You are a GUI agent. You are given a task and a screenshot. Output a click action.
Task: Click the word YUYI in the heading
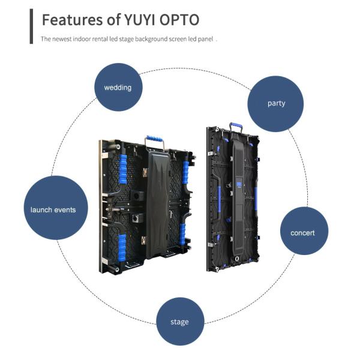point(140,20)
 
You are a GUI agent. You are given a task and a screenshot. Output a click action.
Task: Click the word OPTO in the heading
point(179,20)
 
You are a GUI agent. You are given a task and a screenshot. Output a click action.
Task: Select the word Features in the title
point(73,20)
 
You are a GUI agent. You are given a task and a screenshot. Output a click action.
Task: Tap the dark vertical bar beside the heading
point(31,26)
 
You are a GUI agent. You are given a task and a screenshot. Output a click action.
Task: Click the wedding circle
point(118,87)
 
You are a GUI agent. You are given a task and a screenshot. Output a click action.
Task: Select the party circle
point(275,104)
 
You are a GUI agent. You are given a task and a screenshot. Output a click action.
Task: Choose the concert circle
point(304,231)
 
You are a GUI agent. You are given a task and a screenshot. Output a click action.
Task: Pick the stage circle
point(180,322)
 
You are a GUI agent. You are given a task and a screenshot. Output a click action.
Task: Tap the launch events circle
point(56,208)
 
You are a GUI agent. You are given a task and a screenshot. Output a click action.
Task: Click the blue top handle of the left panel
point(154,139)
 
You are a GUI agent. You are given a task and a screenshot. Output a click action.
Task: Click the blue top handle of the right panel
point(236,125)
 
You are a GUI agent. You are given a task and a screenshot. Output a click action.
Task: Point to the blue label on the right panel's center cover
point(239,185)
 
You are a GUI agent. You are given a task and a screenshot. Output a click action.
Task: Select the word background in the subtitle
point(151,39)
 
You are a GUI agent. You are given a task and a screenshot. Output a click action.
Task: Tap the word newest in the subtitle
point(62,39)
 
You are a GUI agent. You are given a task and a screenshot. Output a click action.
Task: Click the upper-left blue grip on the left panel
point(123,169)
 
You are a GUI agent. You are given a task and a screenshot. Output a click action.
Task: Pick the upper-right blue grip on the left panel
point(185,172)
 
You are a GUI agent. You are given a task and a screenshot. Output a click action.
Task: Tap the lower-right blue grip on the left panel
point(182,234)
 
